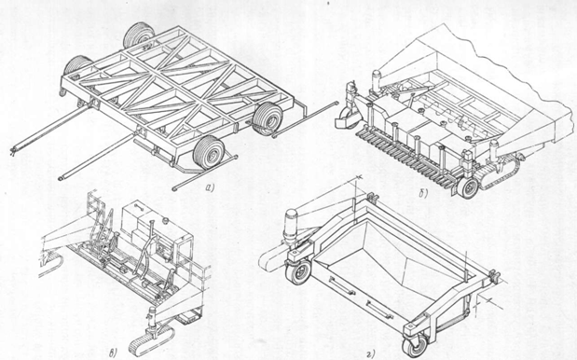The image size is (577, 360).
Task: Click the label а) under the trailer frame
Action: click(x=210, y=188)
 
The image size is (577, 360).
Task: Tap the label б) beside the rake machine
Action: click(x=423, y=194)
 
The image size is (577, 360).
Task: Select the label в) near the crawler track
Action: click(x=114, y=353)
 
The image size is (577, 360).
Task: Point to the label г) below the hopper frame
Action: click(x=371, y=353)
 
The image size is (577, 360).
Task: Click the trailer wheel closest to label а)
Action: click(x=209, y=152)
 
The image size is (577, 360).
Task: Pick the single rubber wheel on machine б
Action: click(x=468, y=187)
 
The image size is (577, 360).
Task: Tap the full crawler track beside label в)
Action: click(x=151, y=339)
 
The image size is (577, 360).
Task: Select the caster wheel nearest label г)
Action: click(x=415, y=346)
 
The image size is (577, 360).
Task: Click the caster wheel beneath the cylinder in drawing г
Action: click(x=299, y=272)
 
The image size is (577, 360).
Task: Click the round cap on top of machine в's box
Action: click(x=166, y=220)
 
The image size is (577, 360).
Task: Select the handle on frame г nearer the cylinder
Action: click(x=342, y=285)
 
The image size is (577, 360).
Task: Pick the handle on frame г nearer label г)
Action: click(x=379, y=310)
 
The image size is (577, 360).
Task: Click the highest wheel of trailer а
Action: click(x=139, y=35)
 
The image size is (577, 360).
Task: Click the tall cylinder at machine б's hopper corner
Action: click(x=378, y=81)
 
